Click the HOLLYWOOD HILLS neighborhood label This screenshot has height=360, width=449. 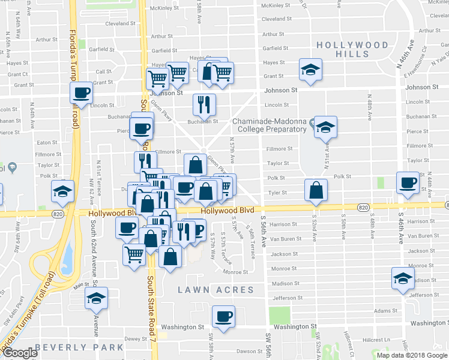352,49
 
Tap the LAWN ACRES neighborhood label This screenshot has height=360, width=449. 216,290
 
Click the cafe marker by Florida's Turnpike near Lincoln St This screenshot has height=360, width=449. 81,93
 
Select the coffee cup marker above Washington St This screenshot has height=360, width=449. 223,316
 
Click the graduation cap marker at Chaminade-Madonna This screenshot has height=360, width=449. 325,127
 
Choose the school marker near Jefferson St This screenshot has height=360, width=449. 403,278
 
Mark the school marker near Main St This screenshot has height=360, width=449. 95,298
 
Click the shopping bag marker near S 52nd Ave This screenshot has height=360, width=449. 316,190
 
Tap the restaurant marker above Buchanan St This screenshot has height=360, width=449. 205,104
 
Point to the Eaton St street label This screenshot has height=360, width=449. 46,142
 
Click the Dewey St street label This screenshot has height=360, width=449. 131,338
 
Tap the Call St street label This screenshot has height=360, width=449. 104,71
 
